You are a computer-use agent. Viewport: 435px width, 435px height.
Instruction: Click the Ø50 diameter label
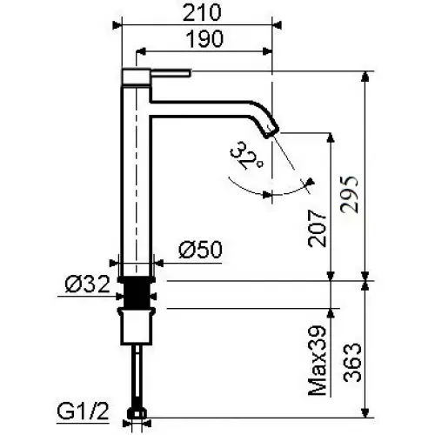[x=199, y=250]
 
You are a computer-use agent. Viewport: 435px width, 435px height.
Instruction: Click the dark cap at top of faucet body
[x=135, y=76]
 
